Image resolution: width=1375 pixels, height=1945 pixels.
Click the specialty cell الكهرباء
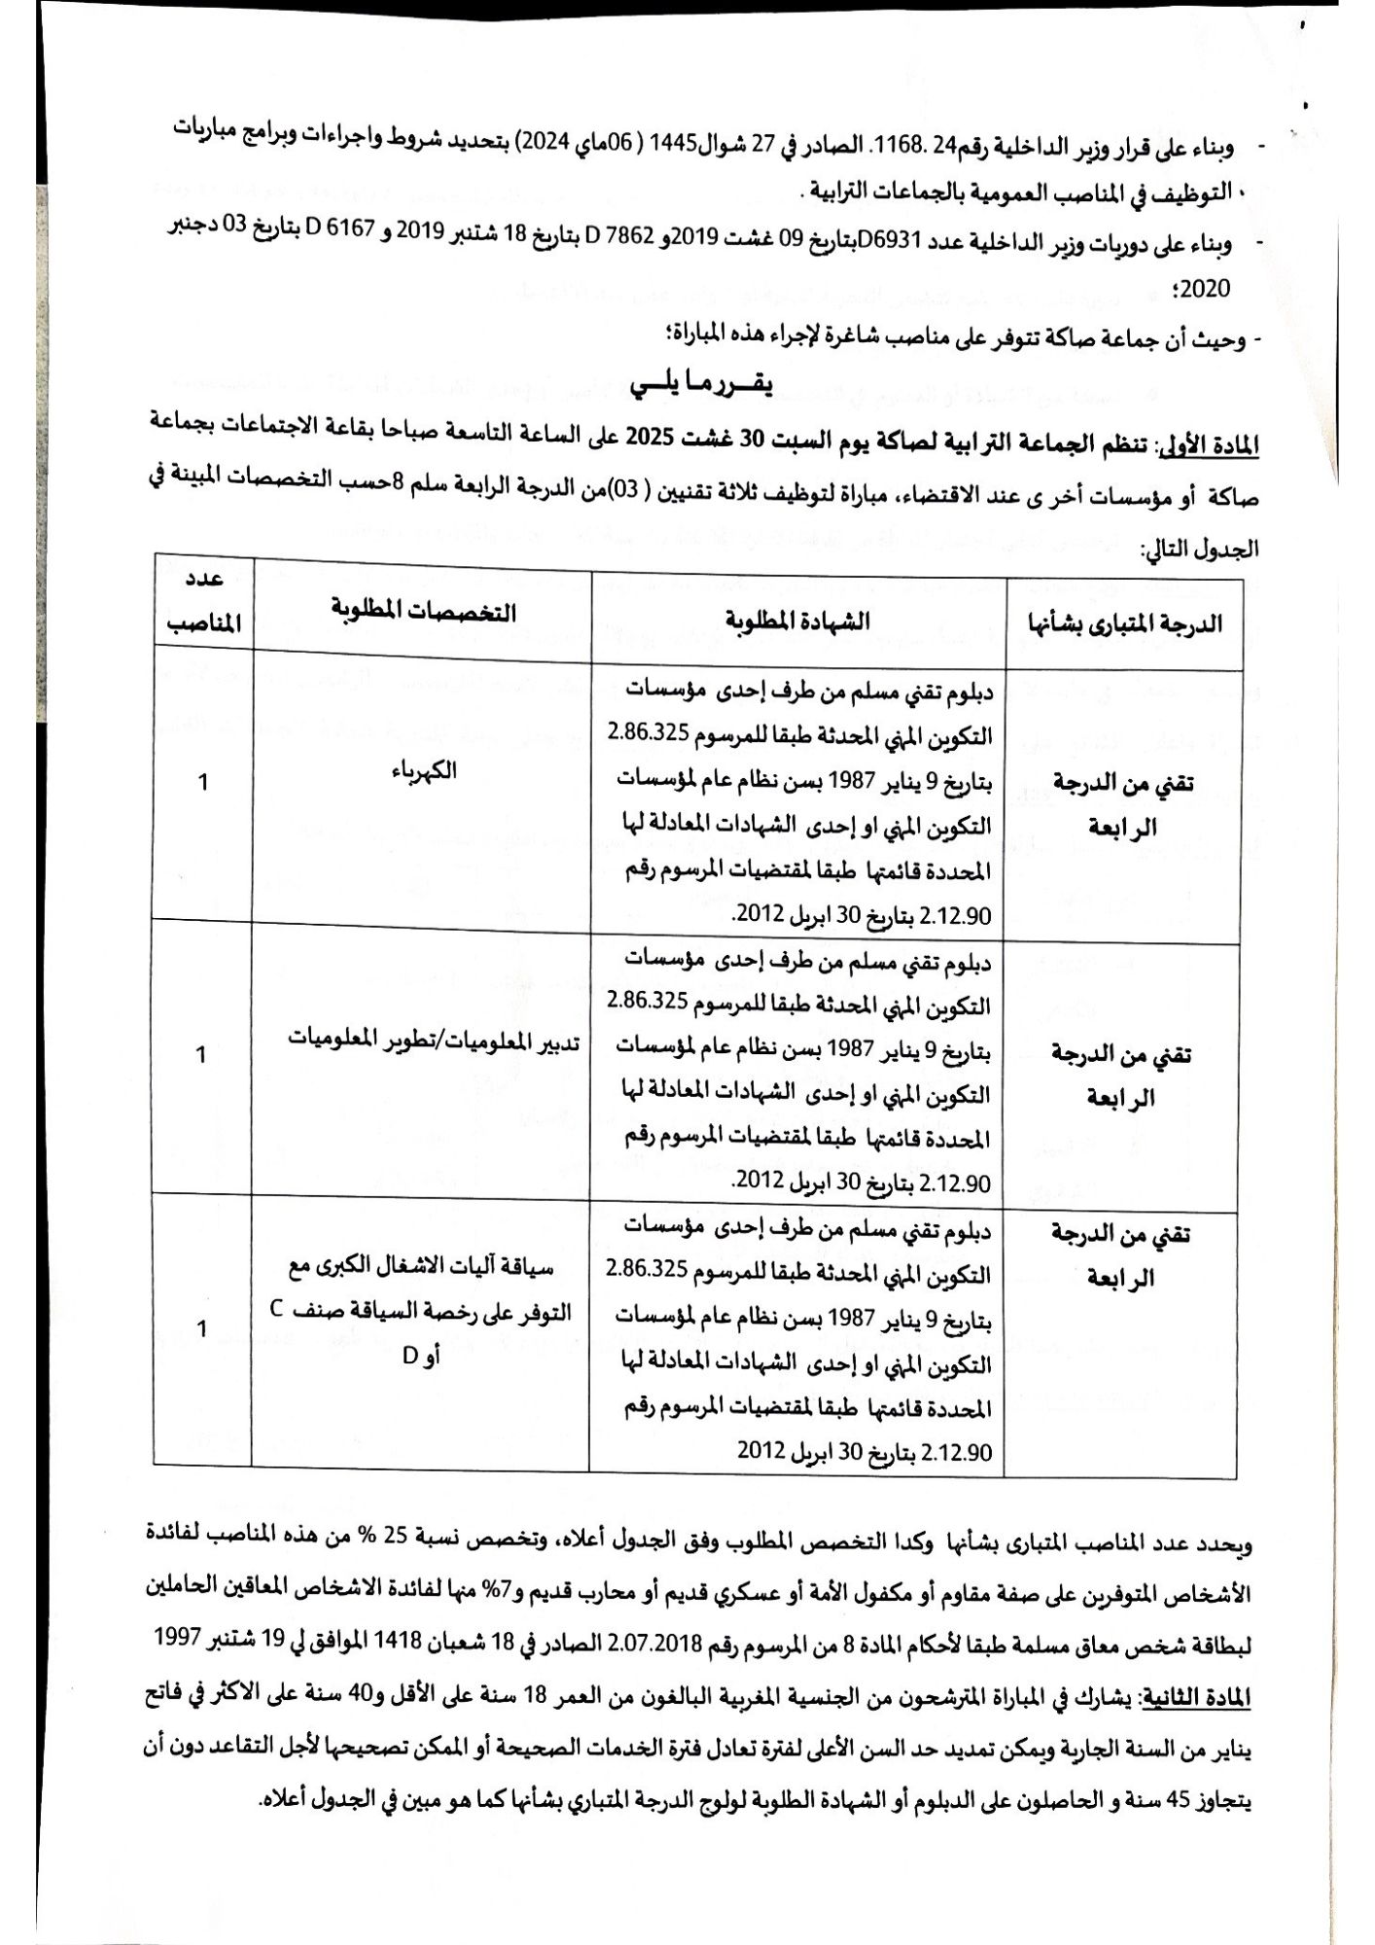(x=421, y=771)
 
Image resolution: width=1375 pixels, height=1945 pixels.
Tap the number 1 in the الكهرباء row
(x=203, y=781)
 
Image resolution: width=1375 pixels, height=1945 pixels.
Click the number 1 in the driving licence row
(x=202, y=1328)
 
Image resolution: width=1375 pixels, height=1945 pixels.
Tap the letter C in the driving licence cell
(x=277, y=1309)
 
